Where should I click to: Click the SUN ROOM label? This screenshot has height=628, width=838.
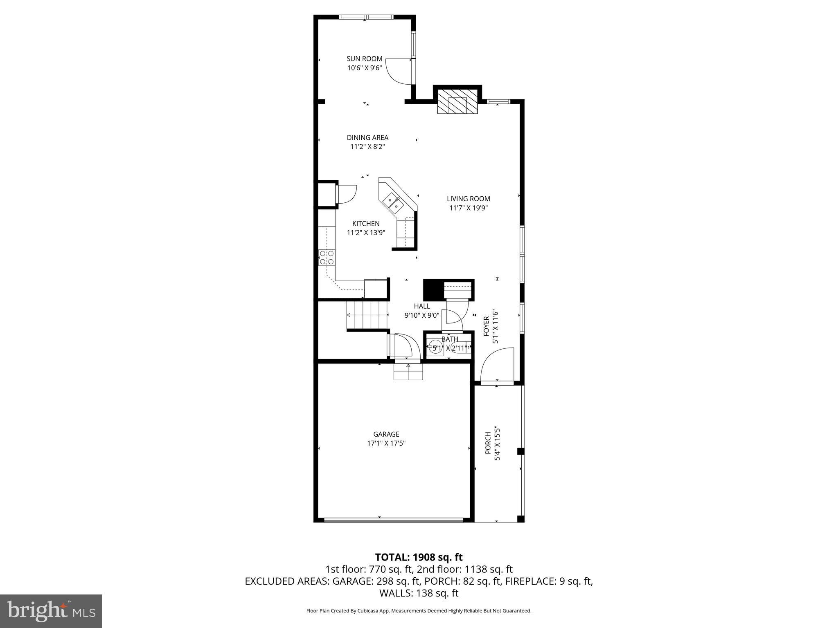click(x=364, y=59)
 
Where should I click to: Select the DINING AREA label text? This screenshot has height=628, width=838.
click(x=367, y=138)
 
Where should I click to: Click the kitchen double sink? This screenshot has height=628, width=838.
click(x=393, y=204)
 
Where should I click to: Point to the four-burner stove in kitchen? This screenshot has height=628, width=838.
click(x=327, y=257)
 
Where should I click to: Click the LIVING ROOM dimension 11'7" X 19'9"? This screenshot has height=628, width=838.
click(x=469, y=208)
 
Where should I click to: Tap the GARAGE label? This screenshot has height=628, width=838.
click(x=386, y=434)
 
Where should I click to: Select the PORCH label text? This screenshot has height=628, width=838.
click(x=488, y=443)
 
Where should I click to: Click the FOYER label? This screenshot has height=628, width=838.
click(x=487, y=326)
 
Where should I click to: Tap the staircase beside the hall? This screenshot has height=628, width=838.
click(x=367, y=315)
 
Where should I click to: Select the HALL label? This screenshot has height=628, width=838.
click(x=422, y=306)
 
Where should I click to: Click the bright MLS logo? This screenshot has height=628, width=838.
click(x=51, y=611)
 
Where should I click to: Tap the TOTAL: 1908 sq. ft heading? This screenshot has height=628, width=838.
click(x=419, y=557)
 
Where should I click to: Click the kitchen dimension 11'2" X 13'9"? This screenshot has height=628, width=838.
click(x=366, y=233)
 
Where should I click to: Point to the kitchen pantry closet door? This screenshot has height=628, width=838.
click(x=346, y=194)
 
